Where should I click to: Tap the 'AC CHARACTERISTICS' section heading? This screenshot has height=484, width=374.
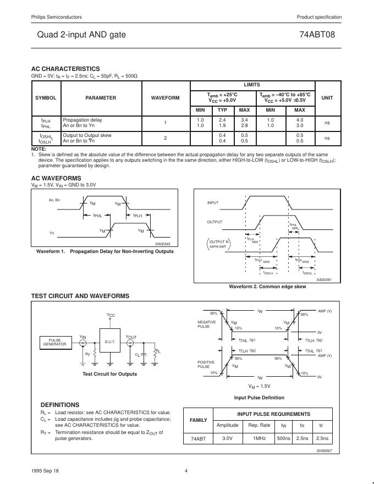tap(65, 69)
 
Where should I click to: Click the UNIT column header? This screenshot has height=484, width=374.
tap(327, 98)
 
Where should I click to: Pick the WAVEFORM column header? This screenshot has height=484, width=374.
tap(165, 98)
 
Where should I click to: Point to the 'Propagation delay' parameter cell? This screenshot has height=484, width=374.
tap(82, 119)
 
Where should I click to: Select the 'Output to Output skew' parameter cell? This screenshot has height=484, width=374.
tap(87, 135)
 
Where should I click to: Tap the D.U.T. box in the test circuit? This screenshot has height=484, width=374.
tap(110, 342)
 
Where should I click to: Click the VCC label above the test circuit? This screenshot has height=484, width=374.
tap(111, 315)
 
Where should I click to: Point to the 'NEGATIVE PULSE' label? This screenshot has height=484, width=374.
tap(204, 324)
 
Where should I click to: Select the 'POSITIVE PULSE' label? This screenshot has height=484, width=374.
tap(204, 364)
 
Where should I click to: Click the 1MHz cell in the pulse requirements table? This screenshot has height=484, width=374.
tap(260, 438)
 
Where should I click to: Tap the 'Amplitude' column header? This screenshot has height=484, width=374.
tap(227, 425)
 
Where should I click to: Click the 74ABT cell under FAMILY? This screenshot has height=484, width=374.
tap(198, 438)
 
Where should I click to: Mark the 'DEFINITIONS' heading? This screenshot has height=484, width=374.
tap(60, 405)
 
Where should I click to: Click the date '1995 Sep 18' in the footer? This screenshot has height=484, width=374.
tap(44, 470)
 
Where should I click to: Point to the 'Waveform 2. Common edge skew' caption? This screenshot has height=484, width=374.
tap(267, 287)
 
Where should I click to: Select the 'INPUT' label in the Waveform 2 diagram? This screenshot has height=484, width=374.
tap(212, 203)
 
